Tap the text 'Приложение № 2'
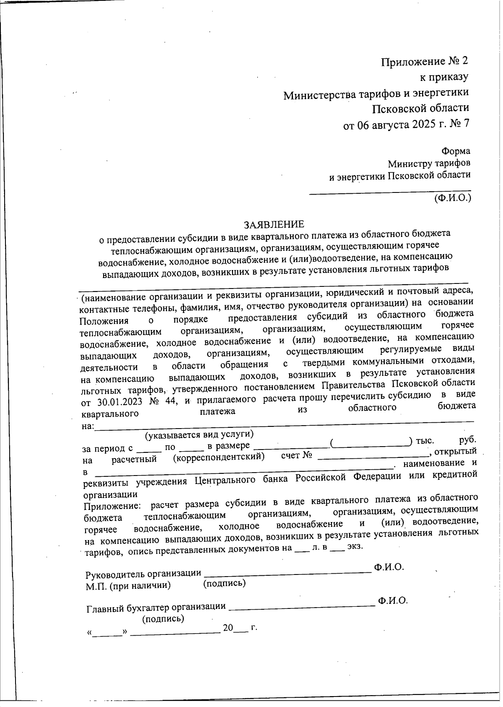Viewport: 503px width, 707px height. point(424,62)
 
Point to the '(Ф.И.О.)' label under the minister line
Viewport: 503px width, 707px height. point(453,198)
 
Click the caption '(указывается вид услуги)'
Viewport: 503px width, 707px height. point(199,435)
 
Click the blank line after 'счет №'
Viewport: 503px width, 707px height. point(373,456)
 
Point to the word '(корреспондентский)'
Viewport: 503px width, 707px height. point(219,457)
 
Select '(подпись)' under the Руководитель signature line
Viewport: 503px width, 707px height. point(224,583)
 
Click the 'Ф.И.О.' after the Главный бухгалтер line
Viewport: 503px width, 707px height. point(392,600)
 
